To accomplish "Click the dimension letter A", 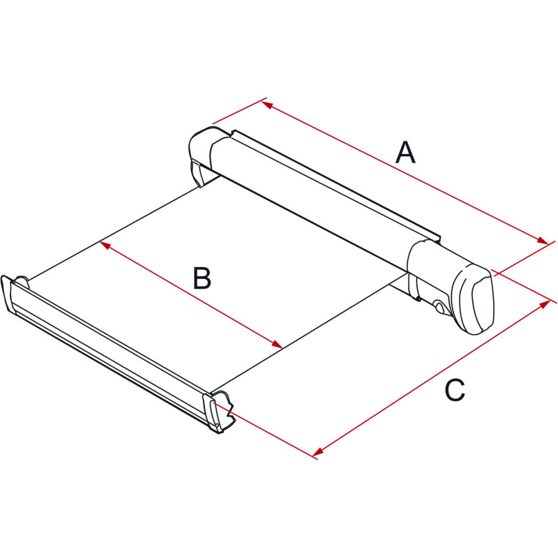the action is click(x=406, y=153).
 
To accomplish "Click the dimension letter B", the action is click(x=202, y=278).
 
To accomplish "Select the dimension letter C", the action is click(x=455, y=390).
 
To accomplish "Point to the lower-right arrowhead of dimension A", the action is click(x=543, y=241).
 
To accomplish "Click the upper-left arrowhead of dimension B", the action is click(x=105, y=245).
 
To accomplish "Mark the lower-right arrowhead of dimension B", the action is click(x=277, y=344).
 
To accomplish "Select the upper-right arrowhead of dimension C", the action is click(x=545, y=305).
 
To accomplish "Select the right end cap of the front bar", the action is click(x=219, y=412).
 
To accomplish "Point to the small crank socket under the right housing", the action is click(x=439, y=307).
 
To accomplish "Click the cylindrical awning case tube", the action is click(x=309, y=199).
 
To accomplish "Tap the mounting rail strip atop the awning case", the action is click(x=335, y=185).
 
